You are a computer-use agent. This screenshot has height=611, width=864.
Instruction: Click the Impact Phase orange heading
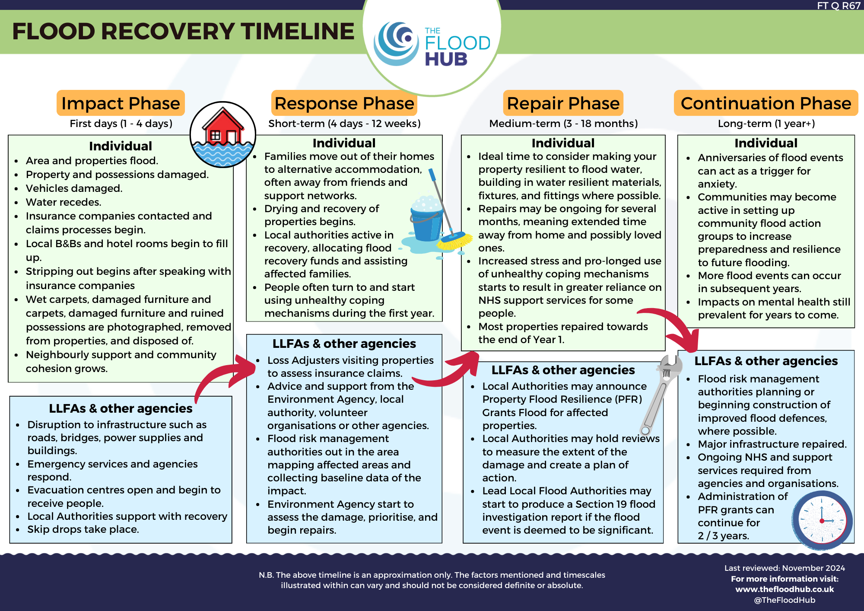coord(121,103)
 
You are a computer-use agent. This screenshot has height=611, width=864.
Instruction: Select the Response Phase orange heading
coord(344,103)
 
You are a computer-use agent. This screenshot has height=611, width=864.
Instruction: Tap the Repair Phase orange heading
coord(563,103)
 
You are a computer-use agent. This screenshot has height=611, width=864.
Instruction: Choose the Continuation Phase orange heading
coord(766,103)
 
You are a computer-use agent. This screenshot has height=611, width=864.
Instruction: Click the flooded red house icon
coord(223,134)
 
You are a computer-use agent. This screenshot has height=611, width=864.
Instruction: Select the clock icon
coord(822,520)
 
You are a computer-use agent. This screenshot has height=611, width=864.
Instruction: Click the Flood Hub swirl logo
coord(397,44)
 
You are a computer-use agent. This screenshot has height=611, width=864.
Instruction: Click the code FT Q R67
coord(839,6)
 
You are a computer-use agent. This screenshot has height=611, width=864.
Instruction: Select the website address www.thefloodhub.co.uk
coord(785,589)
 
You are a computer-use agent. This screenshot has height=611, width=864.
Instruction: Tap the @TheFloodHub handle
coord(785,600)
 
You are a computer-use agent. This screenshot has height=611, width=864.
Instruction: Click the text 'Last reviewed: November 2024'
coord(785,568)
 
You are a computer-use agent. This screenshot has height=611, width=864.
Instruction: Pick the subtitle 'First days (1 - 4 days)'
coord(121,124)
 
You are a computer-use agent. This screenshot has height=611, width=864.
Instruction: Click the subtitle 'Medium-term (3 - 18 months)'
coord(563,124)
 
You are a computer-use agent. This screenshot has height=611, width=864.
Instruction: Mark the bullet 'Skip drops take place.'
coord(83,529)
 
